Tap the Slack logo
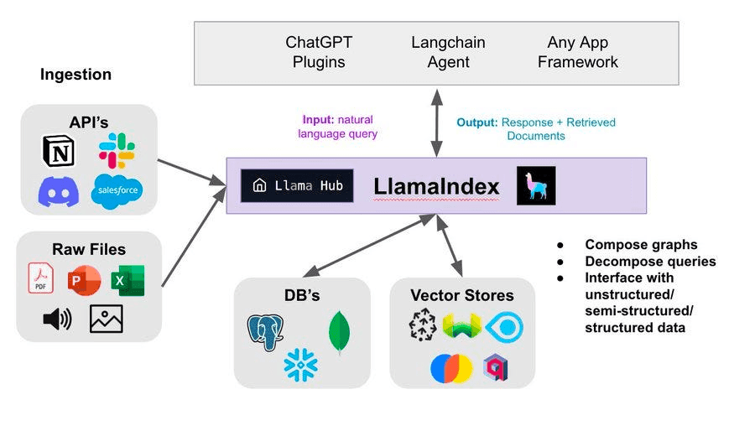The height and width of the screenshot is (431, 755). click(x=117, y=150)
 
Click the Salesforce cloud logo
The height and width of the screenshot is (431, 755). click(x=117, y=190)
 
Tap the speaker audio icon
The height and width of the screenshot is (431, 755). click(x=57, y=319)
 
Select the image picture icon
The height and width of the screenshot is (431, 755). click(x=107, y=319)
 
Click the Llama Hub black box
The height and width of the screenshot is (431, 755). click(x=297, y=185)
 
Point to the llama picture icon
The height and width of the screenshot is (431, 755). click(x=535, y=185)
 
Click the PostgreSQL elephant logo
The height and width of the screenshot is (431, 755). click(x=265, y=332)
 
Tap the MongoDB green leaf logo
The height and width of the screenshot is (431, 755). click(x=340, y=330)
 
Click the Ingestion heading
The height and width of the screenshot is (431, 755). click(x=75, y=75)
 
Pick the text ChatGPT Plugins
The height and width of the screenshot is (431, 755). click(x=319, y=52)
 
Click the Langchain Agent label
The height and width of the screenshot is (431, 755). click(x=448, y=52)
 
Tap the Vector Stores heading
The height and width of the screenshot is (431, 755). click(x=462, y=295)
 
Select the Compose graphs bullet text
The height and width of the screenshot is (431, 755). click(x=641, y=245)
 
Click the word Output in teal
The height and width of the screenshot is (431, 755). click(x=476, y=122)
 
